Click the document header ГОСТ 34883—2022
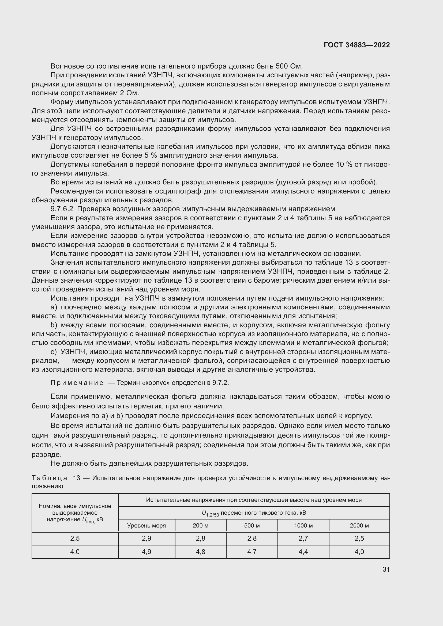pyautogui.click(x=356, y=45)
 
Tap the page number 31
pyautogui.click(x=386, y=569)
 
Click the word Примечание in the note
pyautogui.click(x=77, y=383)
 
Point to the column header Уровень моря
pyautogui.click(x=146, y=525)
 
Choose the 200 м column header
pyautogui.click(x=200, y=525)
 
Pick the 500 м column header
pyautogui.click(x=252, y=525)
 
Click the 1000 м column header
pyautogui.click(x=303, y=525)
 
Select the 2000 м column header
pyautogui.click(x=359, y=525)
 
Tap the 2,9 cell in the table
pyautogui.click(x=146, y=538)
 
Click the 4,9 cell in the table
pyautogui.click(x=146, y=552)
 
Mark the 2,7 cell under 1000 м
pyautogui.click(x=303, y=538)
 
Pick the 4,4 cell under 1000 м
pyautogui.click(x=303, y=552)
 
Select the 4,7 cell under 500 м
pyautogui.click(x=252, y=552)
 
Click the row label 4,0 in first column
pyautogui.click(x=75, y=552)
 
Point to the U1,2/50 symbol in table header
pyautogui.click(x=210, y=513)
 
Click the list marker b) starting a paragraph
pyautogui.click(x=54, y=325)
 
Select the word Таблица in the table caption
pyautogui.click(x=49, y=478)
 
